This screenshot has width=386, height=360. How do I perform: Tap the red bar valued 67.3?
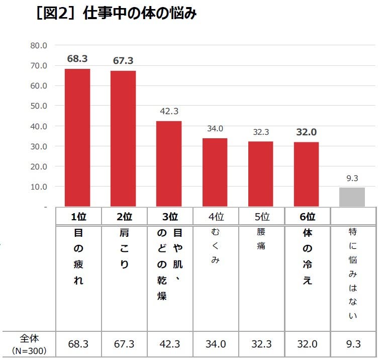123,138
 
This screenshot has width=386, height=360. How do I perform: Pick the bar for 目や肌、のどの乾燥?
169,163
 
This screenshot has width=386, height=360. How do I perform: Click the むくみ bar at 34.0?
215,172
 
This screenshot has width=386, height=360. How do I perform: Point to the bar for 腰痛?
260,173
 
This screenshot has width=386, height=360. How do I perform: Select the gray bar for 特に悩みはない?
352,197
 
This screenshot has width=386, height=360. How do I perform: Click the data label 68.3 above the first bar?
77,59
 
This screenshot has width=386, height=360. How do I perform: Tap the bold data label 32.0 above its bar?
306,132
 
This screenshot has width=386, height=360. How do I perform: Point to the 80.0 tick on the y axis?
39,45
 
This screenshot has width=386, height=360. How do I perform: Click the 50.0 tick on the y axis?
39,106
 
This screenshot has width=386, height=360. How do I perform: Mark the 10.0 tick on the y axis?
39,187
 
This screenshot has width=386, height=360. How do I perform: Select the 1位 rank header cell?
78,217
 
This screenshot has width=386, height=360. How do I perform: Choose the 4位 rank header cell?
216,217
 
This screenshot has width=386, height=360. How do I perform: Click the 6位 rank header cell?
307,217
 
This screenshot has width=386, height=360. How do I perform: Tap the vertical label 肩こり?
124,248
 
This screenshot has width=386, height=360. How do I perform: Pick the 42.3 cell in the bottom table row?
169,344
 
